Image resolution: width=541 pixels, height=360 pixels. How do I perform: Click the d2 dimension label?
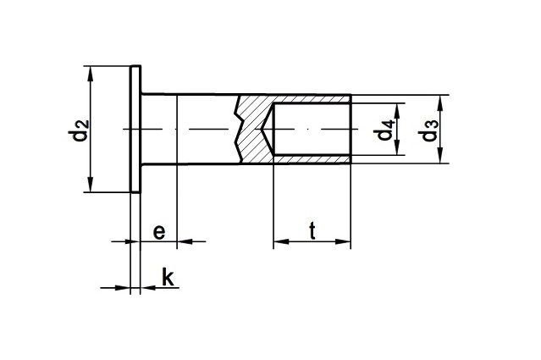79,131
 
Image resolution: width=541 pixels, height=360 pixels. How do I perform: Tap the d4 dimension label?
386,130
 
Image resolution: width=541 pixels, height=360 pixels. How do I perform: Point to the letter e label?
158,230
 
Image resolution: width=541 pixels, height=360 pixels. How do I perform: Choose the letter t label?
312,230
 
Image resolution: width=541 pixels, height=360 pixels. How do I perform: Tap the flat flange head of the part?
135,130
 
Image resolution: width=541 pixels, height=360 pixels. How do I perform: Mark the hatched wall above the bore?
309,99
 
